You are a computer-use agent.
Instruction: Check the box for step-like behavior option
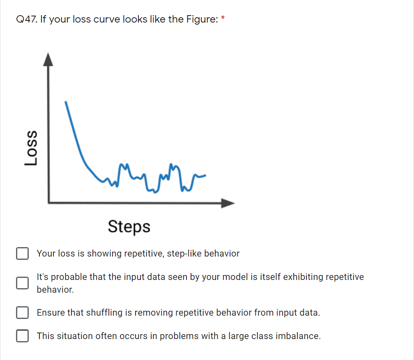point(23,253)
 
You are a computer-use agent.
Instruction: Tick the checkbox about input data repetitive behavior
point(23,283)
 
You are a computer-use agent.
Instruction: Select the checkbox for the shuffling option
point(23,312)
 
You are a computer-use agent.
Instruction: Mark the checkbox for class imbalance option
point(23,336)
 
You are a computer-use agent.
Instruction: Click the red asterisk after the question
point(223,18)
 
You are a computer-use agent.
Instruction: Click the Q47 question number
point(27,19)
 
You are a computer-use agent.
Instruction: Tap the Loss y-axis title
point(31,148)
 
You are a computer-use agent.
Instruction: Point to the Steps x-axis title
point(129,227)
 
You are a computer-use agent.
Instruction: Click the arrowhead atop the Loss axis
point(48,60)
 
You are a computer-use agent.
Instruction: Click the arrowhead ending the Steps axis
point(228,203)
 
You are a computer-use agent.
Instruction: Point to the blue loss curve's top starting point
point(66,102)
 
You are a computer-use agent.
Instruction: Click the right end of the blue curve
point(205,175)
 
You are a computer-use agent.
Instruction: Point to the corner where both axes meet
point(48,203)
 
